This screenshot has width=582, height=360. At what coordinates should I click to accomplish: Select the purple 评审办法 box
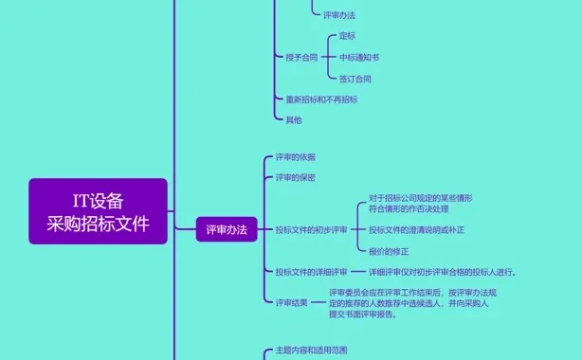[227, 229]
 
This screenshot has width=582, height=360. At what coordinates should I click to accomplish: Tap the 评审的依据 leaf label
[295, 156]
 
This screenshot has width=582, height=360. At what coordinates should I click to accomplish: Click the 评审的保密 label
[295, 177]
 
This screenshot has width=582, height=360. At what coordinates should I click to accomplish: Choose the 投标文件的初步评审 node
[311, 229]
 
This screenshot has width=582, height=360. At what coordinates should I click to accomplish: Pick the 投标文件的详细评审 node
[311, 272]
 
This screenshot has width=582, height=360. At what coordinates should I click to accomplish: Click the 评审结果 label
[291, 303]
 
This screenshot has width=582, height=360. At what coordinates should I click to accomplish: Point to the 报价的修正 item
[389, 250]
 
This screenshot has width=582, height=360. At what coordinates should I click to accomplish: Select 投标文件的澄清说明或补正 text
[417, 229]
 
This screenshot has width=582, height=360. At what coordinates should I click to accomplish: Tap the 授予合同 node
[301, 57]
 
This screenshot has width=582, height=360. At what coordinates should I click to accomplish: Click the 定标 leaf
[347, 36]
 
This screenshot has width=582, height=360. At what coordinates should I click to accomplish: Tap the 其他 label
[293, 120]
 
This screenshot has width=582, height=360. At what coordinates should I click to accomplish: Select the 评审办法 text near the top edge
[340, 15]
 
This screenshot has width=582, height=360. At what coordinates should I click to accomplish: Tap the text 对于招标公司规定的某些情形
[421, 198]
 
